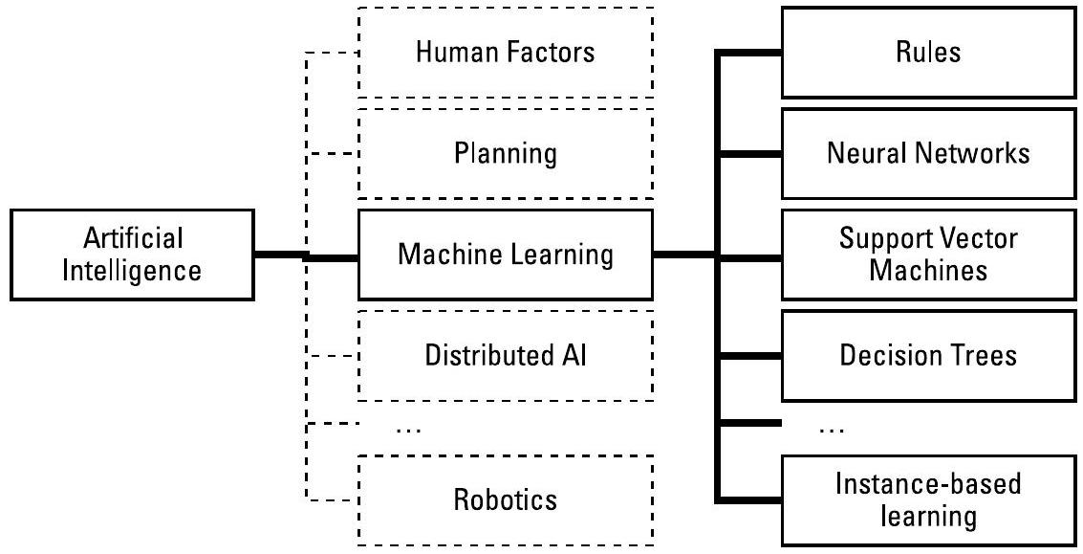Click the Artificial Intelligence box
132,255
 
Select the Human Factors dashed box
506,53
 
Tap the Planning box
506,153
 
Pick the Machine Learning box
506,255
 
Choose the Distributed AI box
506,356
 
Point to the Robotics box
506,499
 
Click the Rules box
922,53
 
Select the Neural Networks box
922,153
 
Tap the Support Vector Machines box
922,255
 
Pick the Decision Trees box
922,356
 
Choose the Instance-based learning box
922,499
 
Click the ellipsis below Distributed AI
408,430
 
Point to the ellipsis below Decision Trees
831,430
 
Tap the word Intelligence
132,271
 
